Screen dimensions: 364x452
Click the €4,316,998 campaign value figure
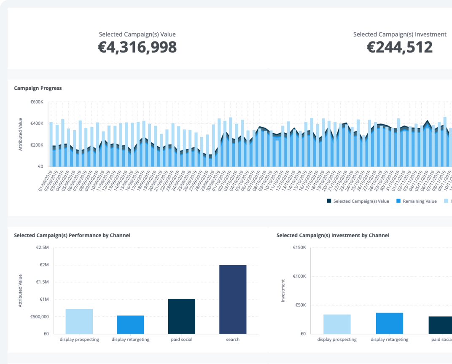click(x=137, y=47)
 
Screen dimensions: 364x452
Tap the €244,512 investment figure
click(x=399, y=47)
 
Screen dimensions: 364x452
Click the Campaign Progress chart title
click(x=38, y=88)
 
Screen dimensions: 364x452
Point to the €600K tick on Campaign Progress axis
click(x=37, y=102)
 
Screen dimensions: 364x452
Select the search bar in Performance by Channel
click(x=233, y=299)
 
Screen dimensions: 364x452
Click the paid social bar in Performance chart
click(x=181, y=316)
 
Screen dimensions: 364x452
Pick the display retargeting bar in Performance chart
click(x=130, y=324)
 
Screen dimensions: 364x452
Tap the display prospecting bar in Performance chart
click(x=79, y=321)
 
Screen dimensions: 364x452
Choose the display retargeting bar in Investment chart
click(x=389, y=323)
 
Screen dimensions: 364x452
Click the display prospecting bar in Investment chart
click(x=337, y=324)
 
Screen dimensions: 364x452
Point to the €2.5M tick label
click(x=42, y=248)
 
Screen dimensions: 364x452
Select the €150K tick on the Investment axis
click(x=299, y=248)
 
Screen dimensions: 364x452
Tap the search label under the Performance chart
click(x=232, y=339)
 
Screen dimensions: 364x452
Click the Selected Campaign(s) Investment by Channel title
click(x=333, y=236)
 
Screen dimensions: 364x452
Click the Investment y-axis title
click(x=283, y=290)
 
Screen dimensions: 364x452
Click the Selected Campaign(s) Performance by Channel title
click(x=72, y=236)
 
